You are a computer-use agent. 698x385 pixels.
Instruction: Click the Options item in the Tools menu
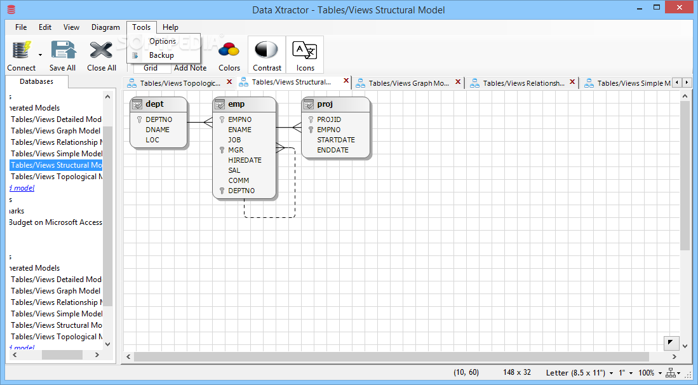coord(163,41)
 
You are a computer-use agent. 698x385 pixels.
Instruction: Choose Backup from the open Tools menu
coord(161,55)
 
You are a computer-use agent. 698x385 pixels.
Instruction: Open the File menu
coord(21,27)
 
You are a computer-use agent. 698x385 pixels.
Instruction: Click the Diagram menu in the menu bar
coord(105,27)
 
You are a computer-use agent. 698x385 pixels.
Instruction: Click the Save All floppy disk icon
coord(62,50)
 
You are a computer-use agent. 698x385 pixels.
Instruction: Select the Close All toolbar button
coord(102,50)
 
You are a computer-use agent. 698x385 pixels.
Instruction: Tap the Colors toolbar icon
coord(229,50)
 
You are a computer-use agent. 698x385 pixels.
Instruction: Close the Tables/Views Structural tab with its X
coord(346,81)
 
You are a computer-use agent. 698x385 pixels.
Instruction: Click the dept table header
coord(159,104)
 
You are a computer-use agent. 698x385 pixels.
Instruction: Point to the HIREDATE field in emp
coord(245,160)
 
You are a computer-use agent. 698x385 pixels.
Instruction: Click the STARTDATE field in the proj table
coord(336,140)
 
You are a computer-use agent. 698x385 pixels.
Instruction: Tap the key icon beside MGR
coord(222,150)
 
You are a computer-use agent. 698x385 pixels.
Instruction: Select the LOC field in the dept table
coord(152,140)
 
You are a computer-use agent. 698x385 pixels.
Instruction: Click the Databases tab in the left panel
coord(36,81)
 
